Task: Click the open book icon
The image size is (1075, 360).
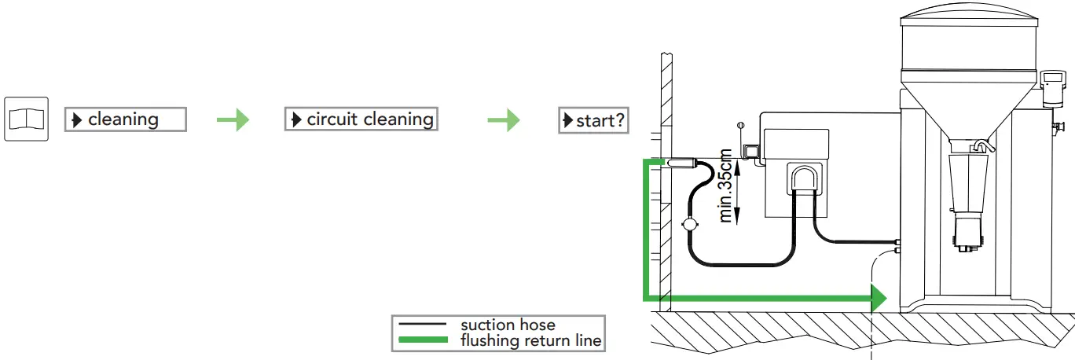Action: (x=27, y=119)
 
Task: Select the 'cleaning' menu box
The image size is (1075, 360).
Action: (x=125, y=119)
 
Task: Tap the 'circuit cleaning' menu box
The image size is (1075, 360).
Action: (x=361, y=119)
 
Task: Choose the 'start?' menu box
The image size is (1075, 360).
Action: (x=593, y=121)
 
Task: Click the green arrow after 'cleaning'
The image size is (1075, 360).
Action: (x=233, y=119)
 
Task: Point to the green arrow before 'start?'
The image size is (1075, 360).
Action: (x=504, y=119)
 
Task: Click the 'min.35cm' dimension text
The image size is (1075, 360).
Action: (x=728, y=186)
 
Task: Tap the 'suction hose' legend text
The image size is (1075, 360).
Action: (x=508, y=325)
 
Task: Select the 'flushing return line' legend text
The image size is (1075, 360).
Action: (x=531, y=340)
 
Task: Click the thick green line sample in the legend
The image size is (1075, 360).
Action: (x=424, y=340)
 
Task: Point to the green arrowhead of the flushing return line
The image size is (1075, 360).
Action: (x=878, y=298)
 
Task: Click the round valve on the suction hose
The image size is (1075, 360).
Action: (x=690, y=224)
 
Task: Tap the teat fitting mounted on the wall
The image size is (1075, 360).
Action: (x=679, y=163)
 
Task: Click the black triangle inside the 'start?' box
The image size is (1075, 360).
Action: (x=568, y=121)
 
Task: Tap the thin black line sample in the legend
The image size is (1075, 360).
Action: (x=424, y=325)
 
